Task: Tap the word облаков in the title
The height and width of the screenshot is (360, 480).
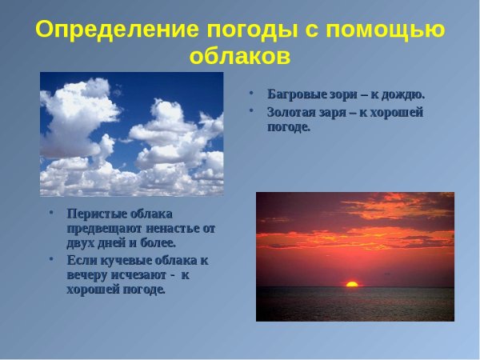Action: coord(239,58)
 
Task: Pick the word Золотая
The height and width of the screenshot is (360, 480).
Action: coord(293,112)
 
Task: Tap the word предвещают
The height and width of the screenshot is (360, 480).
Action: coord(102,228)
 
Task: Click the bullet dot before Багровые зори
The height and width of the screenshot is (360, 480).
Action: coord(251,93)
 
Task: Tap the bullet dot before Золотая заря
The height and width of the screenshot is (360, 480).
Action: coord(251,111)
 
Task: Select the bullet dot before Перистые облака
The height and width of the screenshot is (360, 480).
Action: coord(51,214)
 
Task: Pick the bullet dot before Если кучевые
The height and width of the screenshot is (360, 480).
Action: coord(51,260)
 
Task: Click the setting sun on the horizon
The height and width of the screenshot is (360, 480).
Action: coord(351,283)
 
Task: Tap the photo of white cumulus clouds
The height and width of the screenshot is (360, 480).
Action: coord(131,134)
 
